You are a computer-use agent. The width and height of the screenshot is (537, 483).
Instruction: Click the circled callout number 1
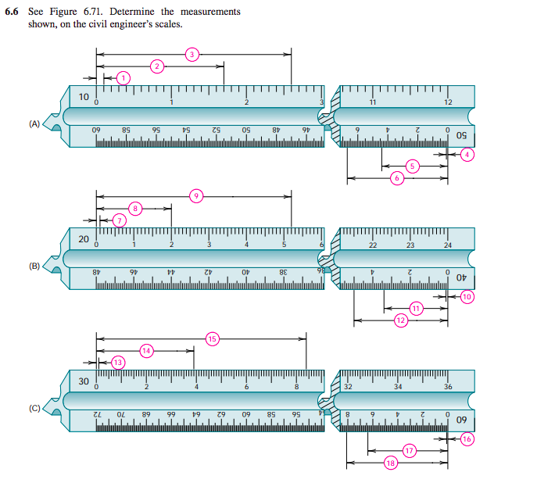pos(123,77)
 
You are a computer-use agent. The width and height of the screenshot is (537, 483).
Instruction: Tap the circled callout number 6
pos(397,178)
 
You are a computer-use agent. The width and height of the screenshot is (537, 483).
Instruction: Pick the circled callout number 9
pos(197,195)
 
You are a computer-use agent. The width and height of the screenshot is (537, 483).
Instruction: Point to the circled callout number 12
pos(401,320)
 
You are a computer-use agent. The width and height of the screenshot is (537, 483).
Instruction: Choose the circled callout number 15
pos(212,338)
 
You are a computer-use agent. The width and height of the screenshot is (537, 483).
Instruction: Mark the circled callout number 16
pos(467,439)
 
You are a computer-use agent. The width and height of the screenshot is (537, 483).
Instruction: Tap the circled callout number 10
pos(467,297)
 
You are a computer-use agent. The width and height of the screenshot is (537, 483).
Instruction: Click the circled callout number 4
pos(467,155)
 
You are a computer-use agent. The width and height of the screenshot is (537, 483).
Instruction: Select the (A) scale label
pos(34,123)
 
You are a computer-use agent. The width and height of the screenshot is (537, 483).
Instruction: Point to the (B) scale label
pos(34,266)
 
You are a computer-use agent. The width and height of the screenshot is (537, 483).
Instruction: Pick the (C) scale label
pos(34,408)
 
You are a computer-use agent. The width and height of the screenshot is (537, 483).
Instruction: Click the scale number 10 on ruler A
pos(84,97)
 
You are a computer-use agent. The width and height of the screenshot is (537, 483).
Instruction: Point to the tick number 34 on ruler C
pos(398,387)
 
